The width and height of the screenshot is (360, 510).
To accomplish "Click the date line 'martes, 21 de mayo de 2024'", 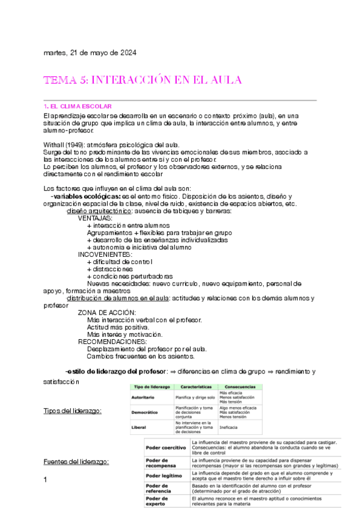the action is pos(90,52).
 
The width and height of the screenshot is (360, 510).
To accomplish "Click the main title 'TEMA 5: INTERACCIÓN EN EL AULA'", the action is pos(142,80).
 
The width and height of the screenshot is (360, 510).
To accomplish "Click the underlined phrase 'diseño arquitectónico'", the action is pos(99,211).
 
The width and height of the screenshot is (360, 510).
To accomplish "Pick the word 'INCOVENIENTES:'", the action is pos(105,254).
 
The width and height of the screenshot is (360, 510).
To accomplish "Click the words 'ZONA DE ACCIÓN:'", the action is pos(107,312).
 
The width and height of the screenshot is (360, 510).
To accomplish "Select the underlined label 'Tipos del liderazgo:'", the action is pos(72,411).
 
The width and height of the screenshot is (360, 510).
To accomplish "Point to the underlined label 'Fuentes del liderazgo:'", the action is pos(76,461).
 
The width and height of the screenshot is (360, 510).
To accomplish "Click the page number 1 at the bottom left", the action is pos(46,479).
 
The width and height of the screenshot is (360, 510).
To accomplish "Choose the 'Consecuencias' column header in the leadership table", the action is pos(239,386).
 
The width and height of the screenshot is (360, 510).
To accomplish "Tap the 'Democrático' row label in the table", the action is pos(145,412).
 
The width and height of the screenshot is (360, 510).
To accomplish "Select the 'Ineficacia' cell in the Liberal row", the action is pos(228,427).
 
